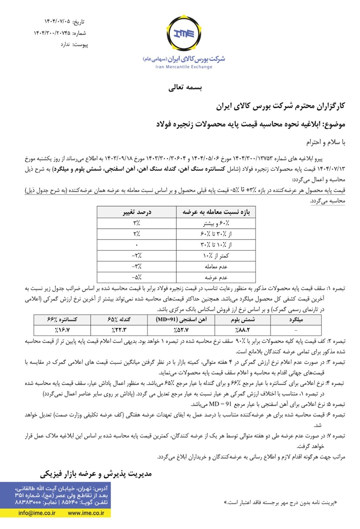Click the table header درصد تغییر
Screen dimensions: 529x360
tap(136, 212)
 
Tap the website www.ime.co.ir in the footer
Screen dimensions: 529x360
tap(86, 513)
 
